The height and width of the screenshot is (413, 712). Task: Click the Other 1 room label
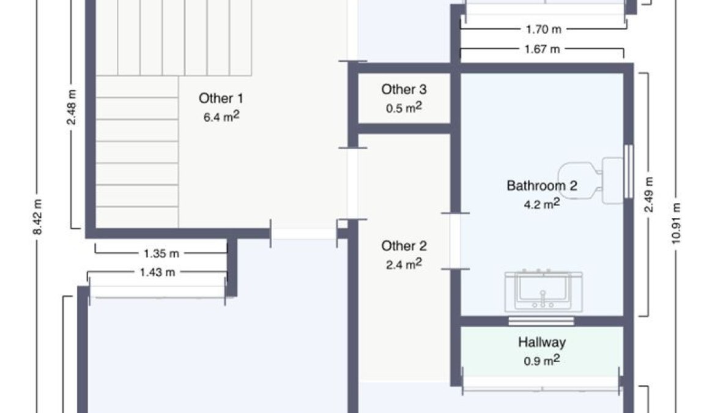221,98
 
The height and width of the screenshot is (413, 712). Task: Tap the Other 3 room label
404,89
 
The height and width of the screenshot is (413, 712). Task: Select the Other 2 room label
404,246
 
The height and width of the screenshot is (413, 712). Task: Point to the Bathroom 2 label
542,185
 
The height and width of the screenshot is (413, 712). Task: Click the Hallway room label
542,341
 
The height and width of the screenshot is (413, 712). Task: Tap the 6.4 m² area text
221,116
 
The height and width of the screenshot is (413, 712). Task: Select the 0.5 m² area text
404,108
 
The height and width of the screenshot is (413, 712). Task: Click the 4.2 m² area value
542,204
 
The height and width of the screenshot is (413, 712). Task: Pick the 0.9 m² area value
542,360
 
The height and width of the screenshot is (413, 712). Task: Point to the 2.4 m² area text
404,264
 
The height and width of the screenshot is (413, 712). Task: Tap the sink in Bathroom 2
544,291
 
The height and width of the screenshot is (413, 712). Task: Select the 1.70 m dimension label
543,29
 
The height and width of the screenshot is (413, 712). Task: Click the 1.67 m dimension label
542,49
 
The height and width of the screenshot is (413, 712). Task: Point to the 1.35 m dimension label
161,253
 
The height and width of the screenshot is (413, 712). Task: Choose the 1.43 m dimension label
157,273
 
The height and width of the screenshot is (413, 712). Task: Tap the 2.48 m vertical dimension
72,107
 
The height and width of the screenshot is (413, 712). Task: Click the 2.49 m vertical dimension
649,195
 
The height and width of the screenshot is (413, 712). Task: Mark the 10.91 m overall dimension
676,223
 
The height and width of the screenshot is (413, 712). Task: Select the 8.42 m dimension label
38,217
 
